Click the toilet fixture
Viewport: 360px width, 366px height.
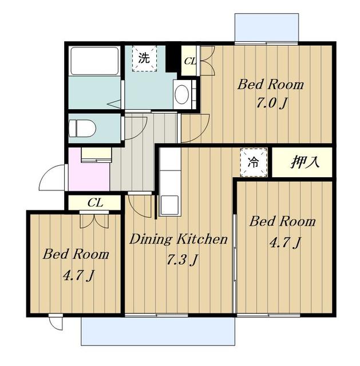tap(82, 128)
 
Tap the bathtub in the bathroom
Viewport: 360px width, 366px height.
tap(94, 61)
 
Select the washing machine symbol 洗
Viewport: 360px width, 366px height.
tap(144, 58)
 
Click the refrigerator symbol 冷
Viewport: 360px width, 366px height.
tap(254, 162)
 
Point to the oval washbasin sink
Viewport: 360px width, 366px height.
tap(182, 94)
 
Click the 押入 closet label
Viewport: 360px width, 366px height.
tap(304, 162)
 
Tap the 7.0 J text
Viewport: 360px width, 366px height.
tap(271, 103)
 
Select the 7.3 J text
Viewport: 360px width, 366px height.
tap(182, 260)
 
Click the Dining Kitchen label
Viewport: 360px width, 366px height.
tap(178, 239)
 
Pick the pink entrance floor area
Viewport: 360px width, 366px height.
tap(89, 173)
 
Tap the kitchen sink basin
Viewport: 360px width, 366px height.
tap(169, 205)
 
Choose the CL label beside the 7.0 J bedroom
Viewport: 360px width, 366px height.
tap(190, 61)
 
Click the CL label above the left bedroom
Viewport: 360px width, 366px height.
tap(95, 203)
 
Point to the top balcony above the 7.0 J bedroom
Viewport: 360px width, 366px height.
tap(267, 27)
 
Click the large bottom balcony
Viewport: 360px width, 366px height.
tap(158, 331)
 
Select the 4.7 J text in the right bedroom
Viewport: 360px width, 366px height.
tap(285, 242)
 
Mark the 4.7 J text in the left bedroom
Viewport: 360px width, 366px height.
tap(78, 276)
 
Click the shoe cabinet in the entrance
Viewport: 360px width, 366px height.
tap(96, 155)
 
